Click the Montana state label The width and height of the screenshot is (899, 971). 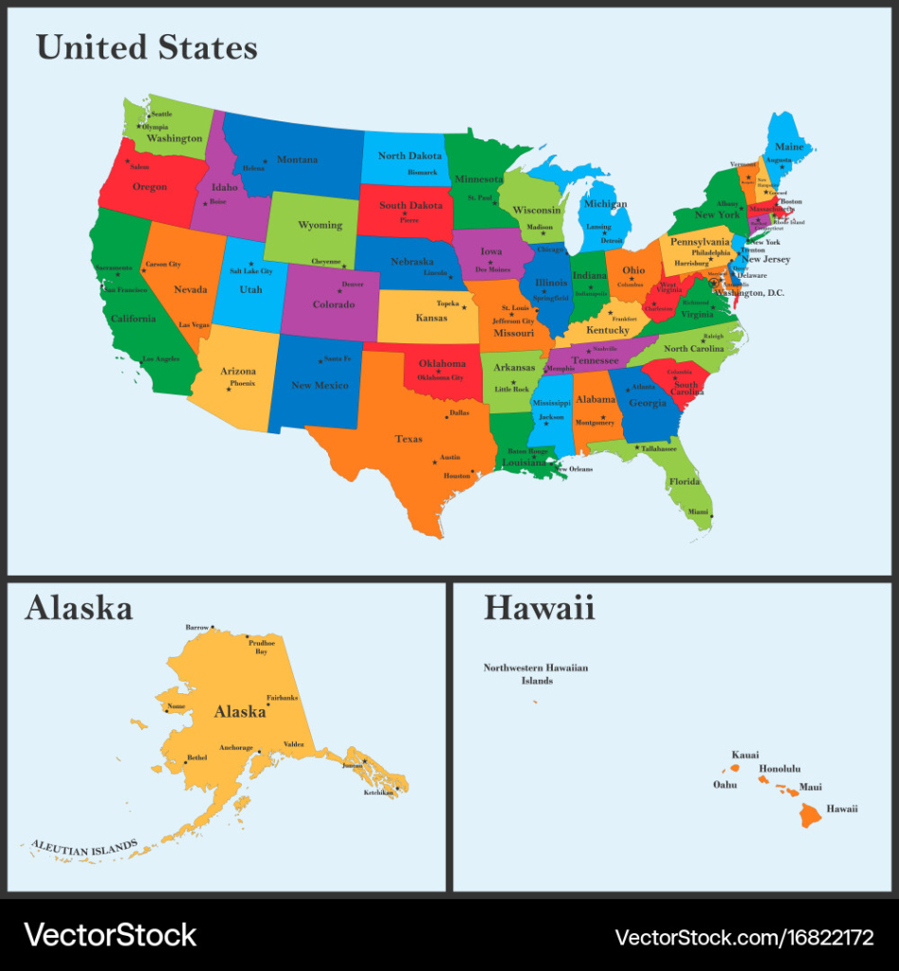(297, 160)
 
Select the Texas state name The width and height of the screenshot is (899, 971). (409, 439)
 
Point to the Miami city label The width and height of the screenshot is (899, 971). (698, 512)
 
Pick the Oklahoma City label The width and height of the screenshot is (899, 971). (440, 377)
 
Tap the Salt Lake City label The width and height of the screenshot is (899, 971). (251, 271)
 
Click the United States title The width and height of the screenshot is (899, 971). (147, 47)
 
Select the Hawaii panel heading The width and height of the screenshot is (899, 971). (539, 608)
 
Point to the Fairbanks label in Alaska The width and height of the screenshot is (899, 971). (283, 698)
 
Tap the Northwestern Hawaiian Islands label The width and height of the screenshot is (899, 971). (536, 674)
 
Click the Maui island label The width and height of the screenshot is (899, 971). (810, 787)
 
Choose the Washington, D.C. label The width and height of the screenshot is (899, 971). (750, 293)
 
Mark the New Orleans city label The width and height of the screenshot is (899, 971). (574, 469)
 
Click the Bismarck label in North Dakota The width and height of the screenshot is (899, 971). (422, 173)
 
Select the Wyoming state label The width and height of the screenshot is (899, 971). (320, 226)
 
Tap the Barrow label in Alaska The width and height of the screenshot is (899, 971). (196, 628)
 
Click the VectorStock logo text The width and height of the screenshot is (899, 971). (110, 935)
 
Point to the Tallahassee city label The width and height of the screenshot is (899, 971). (658, 449)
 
